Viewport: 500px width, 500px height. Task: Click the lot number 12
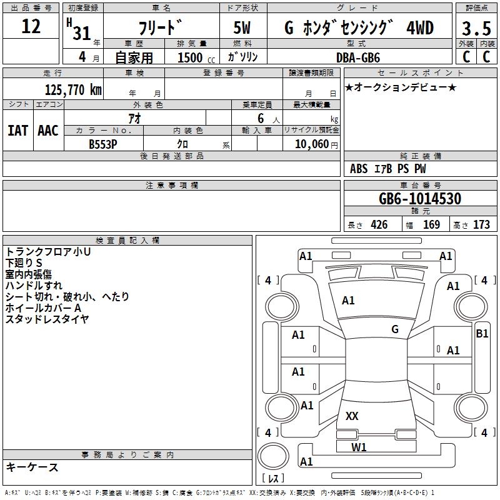31,26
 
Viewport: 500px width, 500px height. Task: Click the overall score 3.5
476,28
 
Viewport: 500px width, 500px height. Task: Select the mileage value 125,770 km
73,90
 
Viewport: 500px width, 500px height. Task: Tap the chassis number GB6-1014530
420,199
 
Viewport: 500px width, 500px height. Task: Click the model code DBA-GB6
358,57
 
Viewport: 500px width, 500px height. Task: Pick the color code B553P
103,144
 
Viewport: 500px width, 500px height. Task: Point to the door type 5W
242,27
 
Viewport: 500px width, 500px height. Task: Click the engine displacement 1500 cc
196,57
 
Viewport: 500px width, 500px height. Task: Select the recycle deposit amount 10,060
312,144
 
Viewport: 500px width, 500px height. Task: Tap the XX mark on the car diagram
352,416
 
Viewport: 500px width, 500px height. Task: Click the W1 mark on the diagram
359,447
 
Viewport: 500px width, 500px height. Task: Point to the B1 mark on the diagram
482,334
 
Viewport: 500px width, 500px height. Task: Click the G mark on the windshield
395,329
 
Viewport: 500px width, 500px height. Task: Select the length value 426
379,224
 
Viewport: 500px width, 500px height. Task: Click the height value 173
481,224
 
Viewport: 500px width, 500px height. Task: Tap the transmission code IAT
18,131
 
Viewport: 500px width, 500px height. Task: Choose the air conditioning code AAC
48,131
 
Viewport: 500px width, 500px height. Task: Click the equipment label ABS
359,168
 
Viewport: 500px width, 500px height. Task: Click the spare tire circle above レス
273,456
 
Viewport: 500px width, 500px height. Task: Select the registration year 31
82,33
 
